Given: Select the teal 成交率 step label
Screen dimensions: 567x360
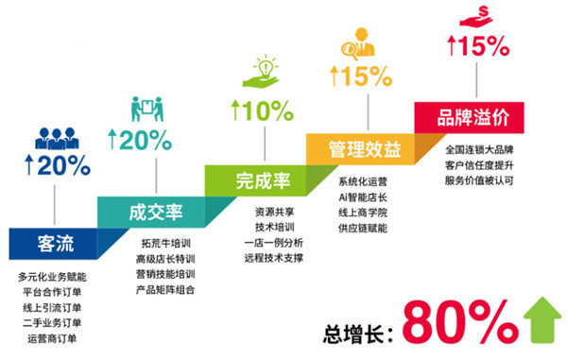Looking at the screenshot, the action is tap(147, 210).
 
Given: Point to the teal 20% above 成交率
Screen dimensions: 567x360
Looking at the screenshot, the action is tap(139, 142).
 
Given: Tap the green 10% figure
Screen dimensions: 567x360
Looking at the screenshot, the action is tap(262, 110).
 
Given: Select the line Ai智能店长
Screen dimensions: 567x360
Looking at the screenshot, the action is tap(364, 196).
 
